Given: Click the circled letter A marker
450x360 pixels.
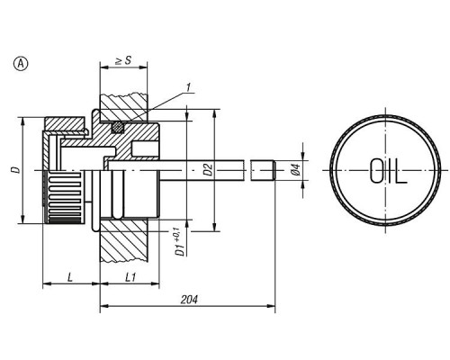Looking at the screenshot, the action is tap(21, 64).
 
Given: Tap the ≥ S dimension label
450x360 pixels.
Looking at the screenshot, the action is tap(123, 60).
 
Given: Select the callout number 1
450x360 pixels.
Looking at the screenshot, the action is tap(188, 87).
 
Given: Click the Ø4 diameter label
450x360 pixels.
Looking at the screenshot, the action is tap(296, 169).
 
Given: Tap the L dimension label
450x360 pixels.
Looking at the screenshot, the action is tap(70, 277).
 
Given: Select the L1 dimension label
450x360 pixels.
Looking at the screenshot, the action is tap(130, 277).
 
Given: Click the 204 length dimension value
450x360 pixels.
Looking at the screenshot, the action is tap(189, 300).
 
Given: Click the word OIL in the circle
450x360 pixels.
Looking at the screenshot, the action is tap(388, 171).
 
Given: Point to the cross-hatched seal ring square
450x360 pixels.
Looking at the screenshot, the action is tap(118, 127).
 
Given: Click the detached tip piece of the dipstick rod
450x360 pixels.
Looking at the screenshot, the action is tap(263, 170).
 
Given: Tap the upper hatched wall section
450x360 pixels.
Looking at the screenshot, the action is tap(123, 106).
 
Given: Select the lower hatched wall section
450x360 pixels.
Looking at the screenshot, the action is tap(123, 241).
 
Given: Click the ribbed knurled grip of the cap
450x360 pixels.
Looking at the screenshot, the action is tap(64, 197).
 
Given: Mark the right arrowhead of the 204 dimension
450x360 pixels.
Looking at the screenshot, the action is tap(271, 306).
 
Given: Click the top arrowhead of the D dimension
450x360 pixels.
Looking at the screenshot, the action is tap(22, 121).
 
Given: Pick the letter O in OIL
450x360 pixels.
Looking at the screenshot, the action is tap(376, 171).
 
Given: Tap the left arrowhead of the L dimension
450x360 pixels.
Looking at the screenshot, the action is tap(47, 283).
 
